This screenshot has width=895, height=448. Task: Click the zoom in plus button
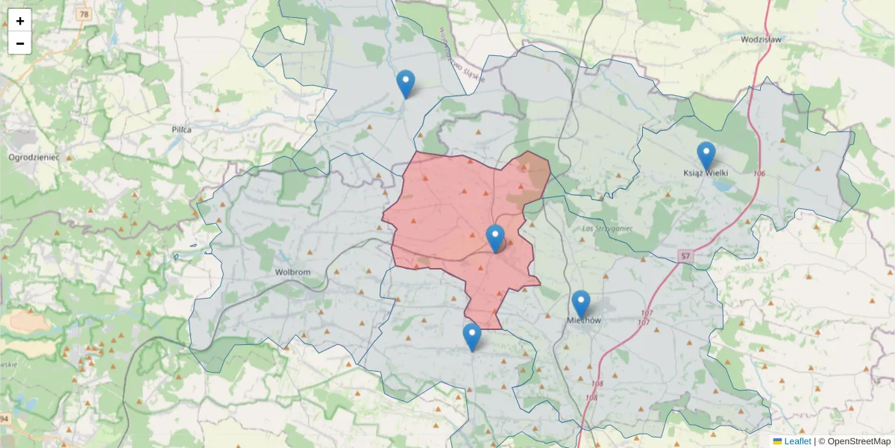[20, 21]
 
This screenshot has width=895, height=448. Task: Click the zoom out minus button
[20, 43]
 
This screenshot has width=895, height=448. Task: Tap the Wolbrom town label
[292, 272]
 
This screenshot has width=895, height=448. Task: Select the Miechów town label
[583, 320]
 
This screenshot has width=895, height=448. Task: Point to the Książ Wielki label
[706, 172]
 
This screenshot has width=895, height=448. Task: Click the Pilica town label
[181, 129]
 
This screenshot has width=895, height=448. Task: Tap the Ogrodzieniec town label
[34, 157]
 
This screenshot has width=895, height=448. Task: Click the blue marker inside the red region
[495, 238]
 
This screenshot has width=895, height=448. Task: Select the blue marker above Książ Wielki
[706, 155]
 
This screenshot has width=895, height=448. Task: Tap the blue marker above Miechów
[581, 304]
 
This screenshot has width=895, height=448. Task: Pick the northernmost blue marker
[406, 84]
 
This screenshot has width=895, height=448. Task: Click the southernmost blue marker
[471, 337]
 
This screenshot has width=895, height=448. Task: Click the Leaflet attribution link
[797, 441]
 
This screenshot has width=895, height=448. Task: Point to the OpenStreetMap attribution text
[854, 441]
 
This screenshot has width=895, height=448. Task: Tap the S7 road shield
[685, 256]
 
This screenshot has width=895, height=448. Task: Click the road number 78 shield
[84, 14]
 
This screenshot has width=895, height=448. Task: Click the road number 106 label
[759, 174]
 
